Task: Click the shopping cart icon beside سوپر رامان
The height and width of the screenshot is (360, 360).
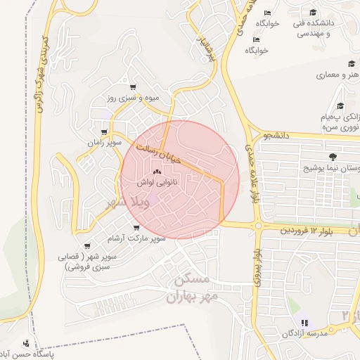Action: tap(105, 131)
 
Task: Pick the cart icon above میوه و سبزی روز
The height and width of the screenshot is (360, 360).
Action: tap(133, 87)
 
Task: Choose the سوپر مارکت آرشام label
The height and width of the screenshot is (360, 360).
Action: tap(141, 238)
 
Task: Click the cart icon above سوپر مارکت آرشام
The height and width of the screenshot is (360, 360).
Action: tap(136, 228)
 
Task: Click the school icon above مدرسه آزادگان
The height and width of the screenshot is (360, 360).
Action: tap(304, 323)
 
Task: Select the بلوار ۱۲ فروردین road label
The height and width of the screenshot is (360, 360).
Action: tap(306, 231)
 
